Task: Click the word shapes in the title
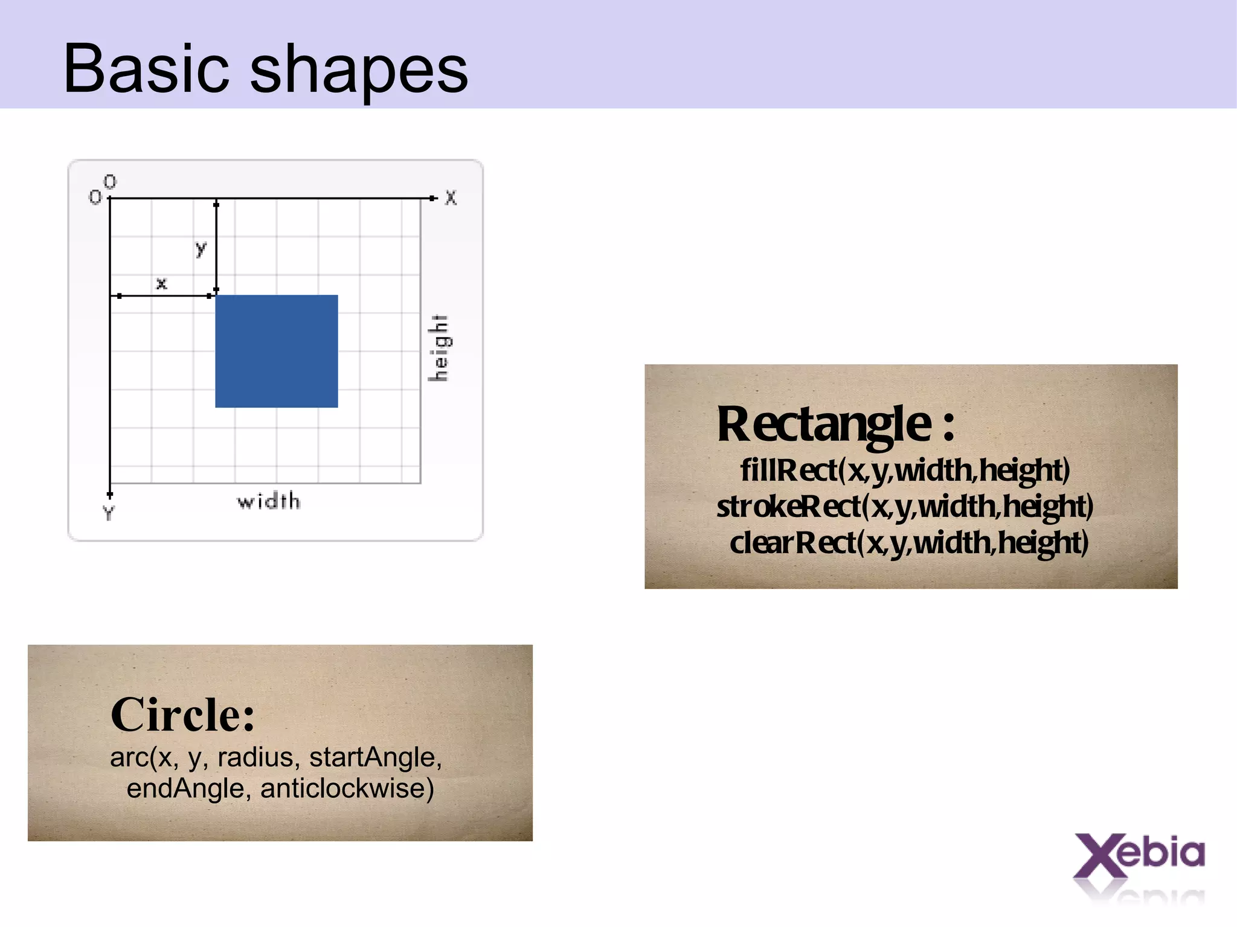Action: pyautogui.click(x=359, y=71)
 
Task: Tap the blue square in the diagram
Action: pyautogui.click(x=277, y=351)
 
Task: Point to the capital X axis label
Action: pyautogui.click(x=451, y=198)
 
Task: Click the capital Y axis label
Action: pyautogui.click(x=108, y=513)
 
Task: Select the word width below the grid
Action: pyautogui.click(x=268, y=501)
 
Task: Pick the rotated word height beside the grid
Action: pyautogui.click(x=439, y=348)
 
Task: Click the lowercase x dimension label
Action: pyautogui.click(x=161, y=283)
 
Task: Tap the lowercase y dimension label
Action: pyautogui.click(x=201, y=248)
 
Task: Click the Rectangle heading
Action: pyautogui.click(x=835, y=424)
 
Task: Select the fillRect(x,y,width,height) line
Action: pyautogui.click(x=905, y=470)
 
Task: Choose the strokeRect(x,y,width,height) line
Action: pyautogui.click(x=905, y=506)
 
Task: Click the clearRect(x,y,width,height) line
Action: pyautogui.click(x=909, y=542)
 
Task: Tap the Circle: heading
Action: pyautogui.click(x=182, y=714)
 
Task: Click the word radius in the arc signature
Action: pyautogui.click(x=255, y=757)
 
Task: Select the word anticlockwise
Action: pyautogui.click(x=347, y=788)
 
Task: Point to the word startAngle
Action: pyautogui.click(x=375, y=757)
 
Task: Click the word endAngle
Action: pyautogui.click(x=185, y=788)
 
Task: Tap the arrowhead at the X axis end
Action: pyautogui.click(x=432, y=198)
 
